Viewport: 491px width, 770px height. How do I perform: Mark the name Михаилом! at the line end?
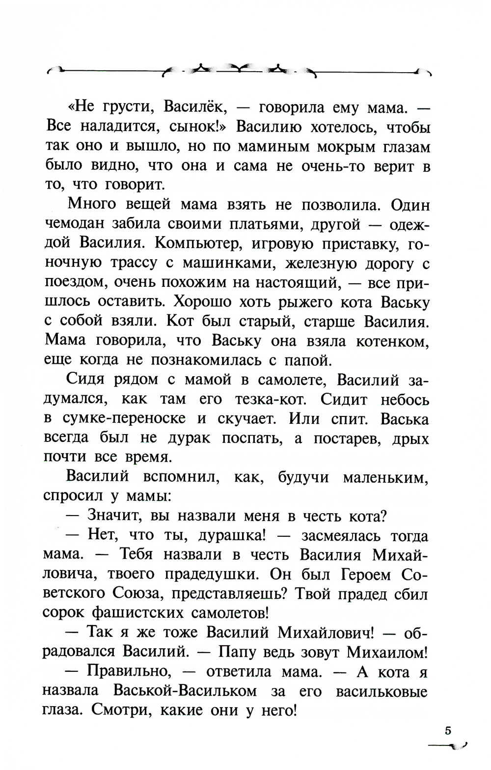click(x=387, y=652)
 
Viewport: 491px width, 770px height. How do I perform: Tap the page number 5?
click(x=448, y=730)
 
